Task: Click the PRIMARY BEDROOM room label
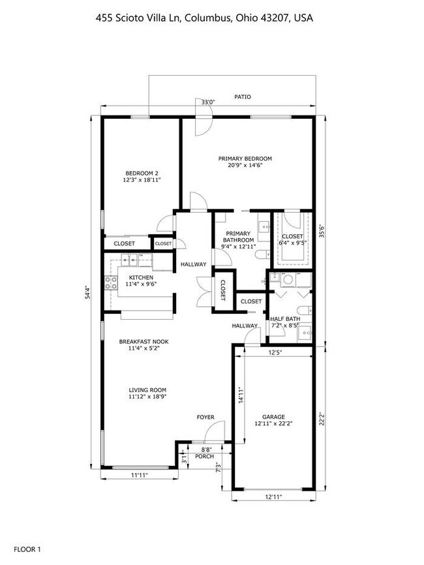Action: (245, 159)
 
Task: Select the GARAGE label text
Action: (274, 417)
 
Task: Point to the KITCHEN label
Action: (141, 277)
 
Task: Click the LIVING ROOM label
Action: (147, 390)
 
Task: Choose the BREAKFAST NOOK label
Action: (144, 342)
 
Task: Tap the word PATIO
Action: (243, 97)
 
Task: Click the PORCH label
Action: (204, 456)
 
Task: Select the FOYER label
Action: (205, 418)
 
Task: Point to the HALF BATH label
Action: (285, 319)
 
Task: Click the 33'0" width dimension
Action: (208, 102)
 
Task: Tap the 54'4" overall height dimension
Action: (87, 292)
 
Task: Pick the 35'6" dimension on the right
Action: (323, 232)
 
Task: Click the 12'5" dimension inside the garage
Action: (275, 352)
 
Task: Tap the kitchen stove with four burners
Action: (111, 282)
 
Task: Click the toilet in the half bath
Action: (305, 310)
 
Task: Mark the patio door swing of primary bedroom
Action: (204, 117)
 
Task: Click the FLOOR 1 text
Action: (27, 549)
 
